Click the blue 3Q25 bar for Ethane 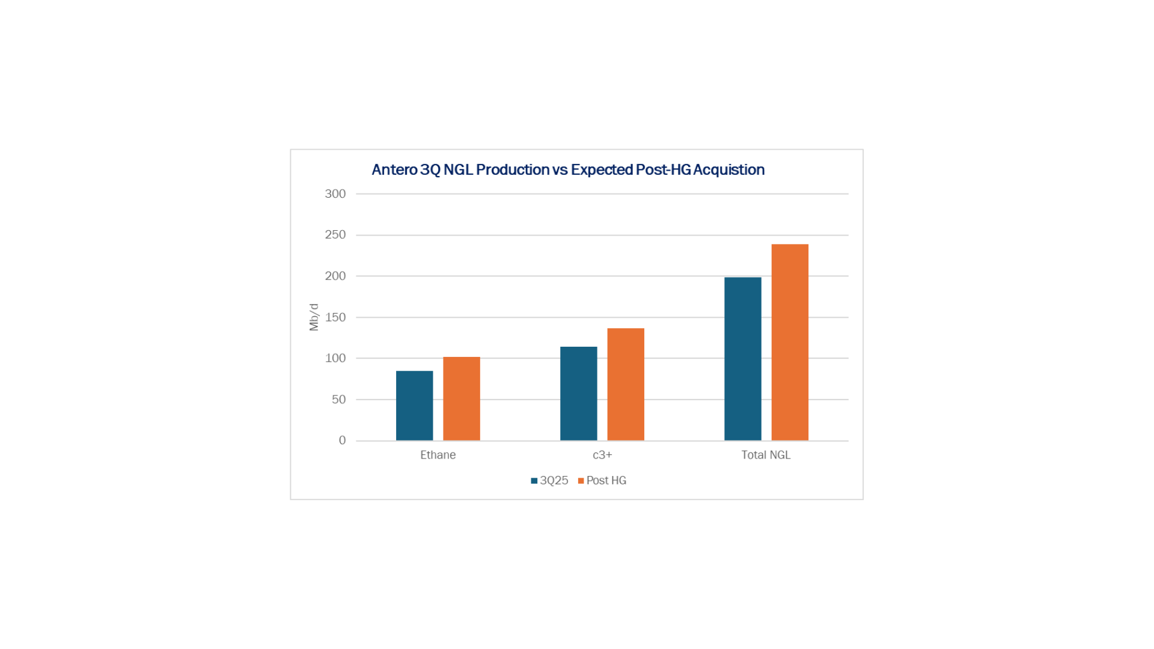click(414, 406)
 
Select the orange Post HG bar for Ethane click(462, 398)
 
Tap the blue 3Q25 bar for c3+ click(578, 394)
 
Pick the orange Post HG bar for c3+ click(626, 384)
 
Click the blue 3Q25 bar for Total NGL click(742, 359)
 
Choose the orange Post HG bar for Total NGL click(790, 342)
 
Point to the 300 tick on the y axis click(335, 194)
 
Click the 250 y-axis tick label click(335, 235)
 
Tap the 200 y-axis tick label click(335, 276)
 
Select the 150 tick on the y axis click(335, 317)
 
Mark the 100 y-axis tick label click(335, 358)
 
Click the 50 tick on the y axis click(338, 400)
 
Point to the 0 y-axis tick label click(342, 440)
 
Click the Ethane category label click(438, 455)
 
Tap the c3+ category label click(602, 455)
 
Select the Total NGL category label click(766, 455)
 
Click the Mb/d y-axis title click(314, 317)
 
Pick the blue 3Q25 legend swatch click(534, 481)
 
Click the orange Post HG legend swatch click(581, 481)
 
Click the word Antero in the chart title click(394, 170)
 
